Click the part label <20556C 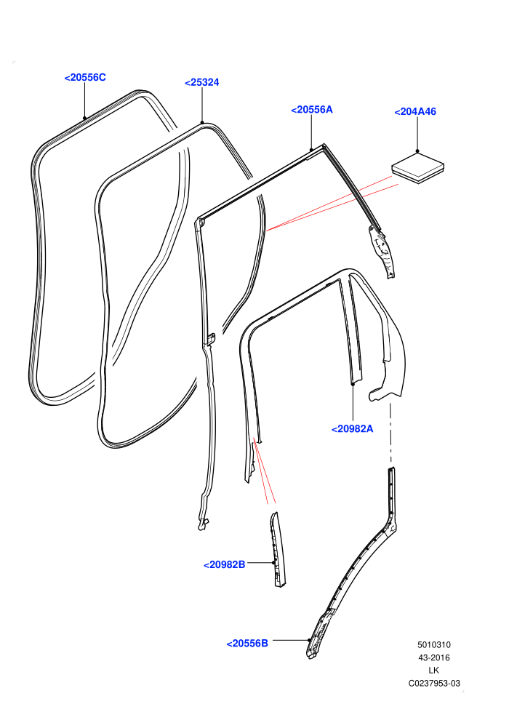[85, 78]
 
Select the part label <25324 [202, 83]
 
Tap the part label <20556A [312, 110]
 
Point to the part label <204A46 [415, 111]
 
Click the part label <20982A [353, 429]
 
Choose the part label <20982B [225, 565]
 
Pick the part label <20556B [247, 644]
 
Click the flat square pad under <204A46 [417, 168]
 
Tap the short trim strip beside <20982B [278, 550]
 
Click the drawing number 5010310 [434, 645]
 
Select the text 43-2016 [434, 658]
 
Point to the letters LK [433, 671]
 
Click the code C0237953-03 [434, 684]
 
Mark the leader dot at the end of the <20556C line [85, 118]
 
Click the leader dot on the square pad [417, 151]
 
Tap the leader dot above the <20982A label [353, 383]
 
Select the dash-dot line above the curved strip [390, 433]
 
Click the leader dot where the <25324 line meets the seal [202, 123]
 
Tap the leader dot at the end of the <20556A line [311, 150]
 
